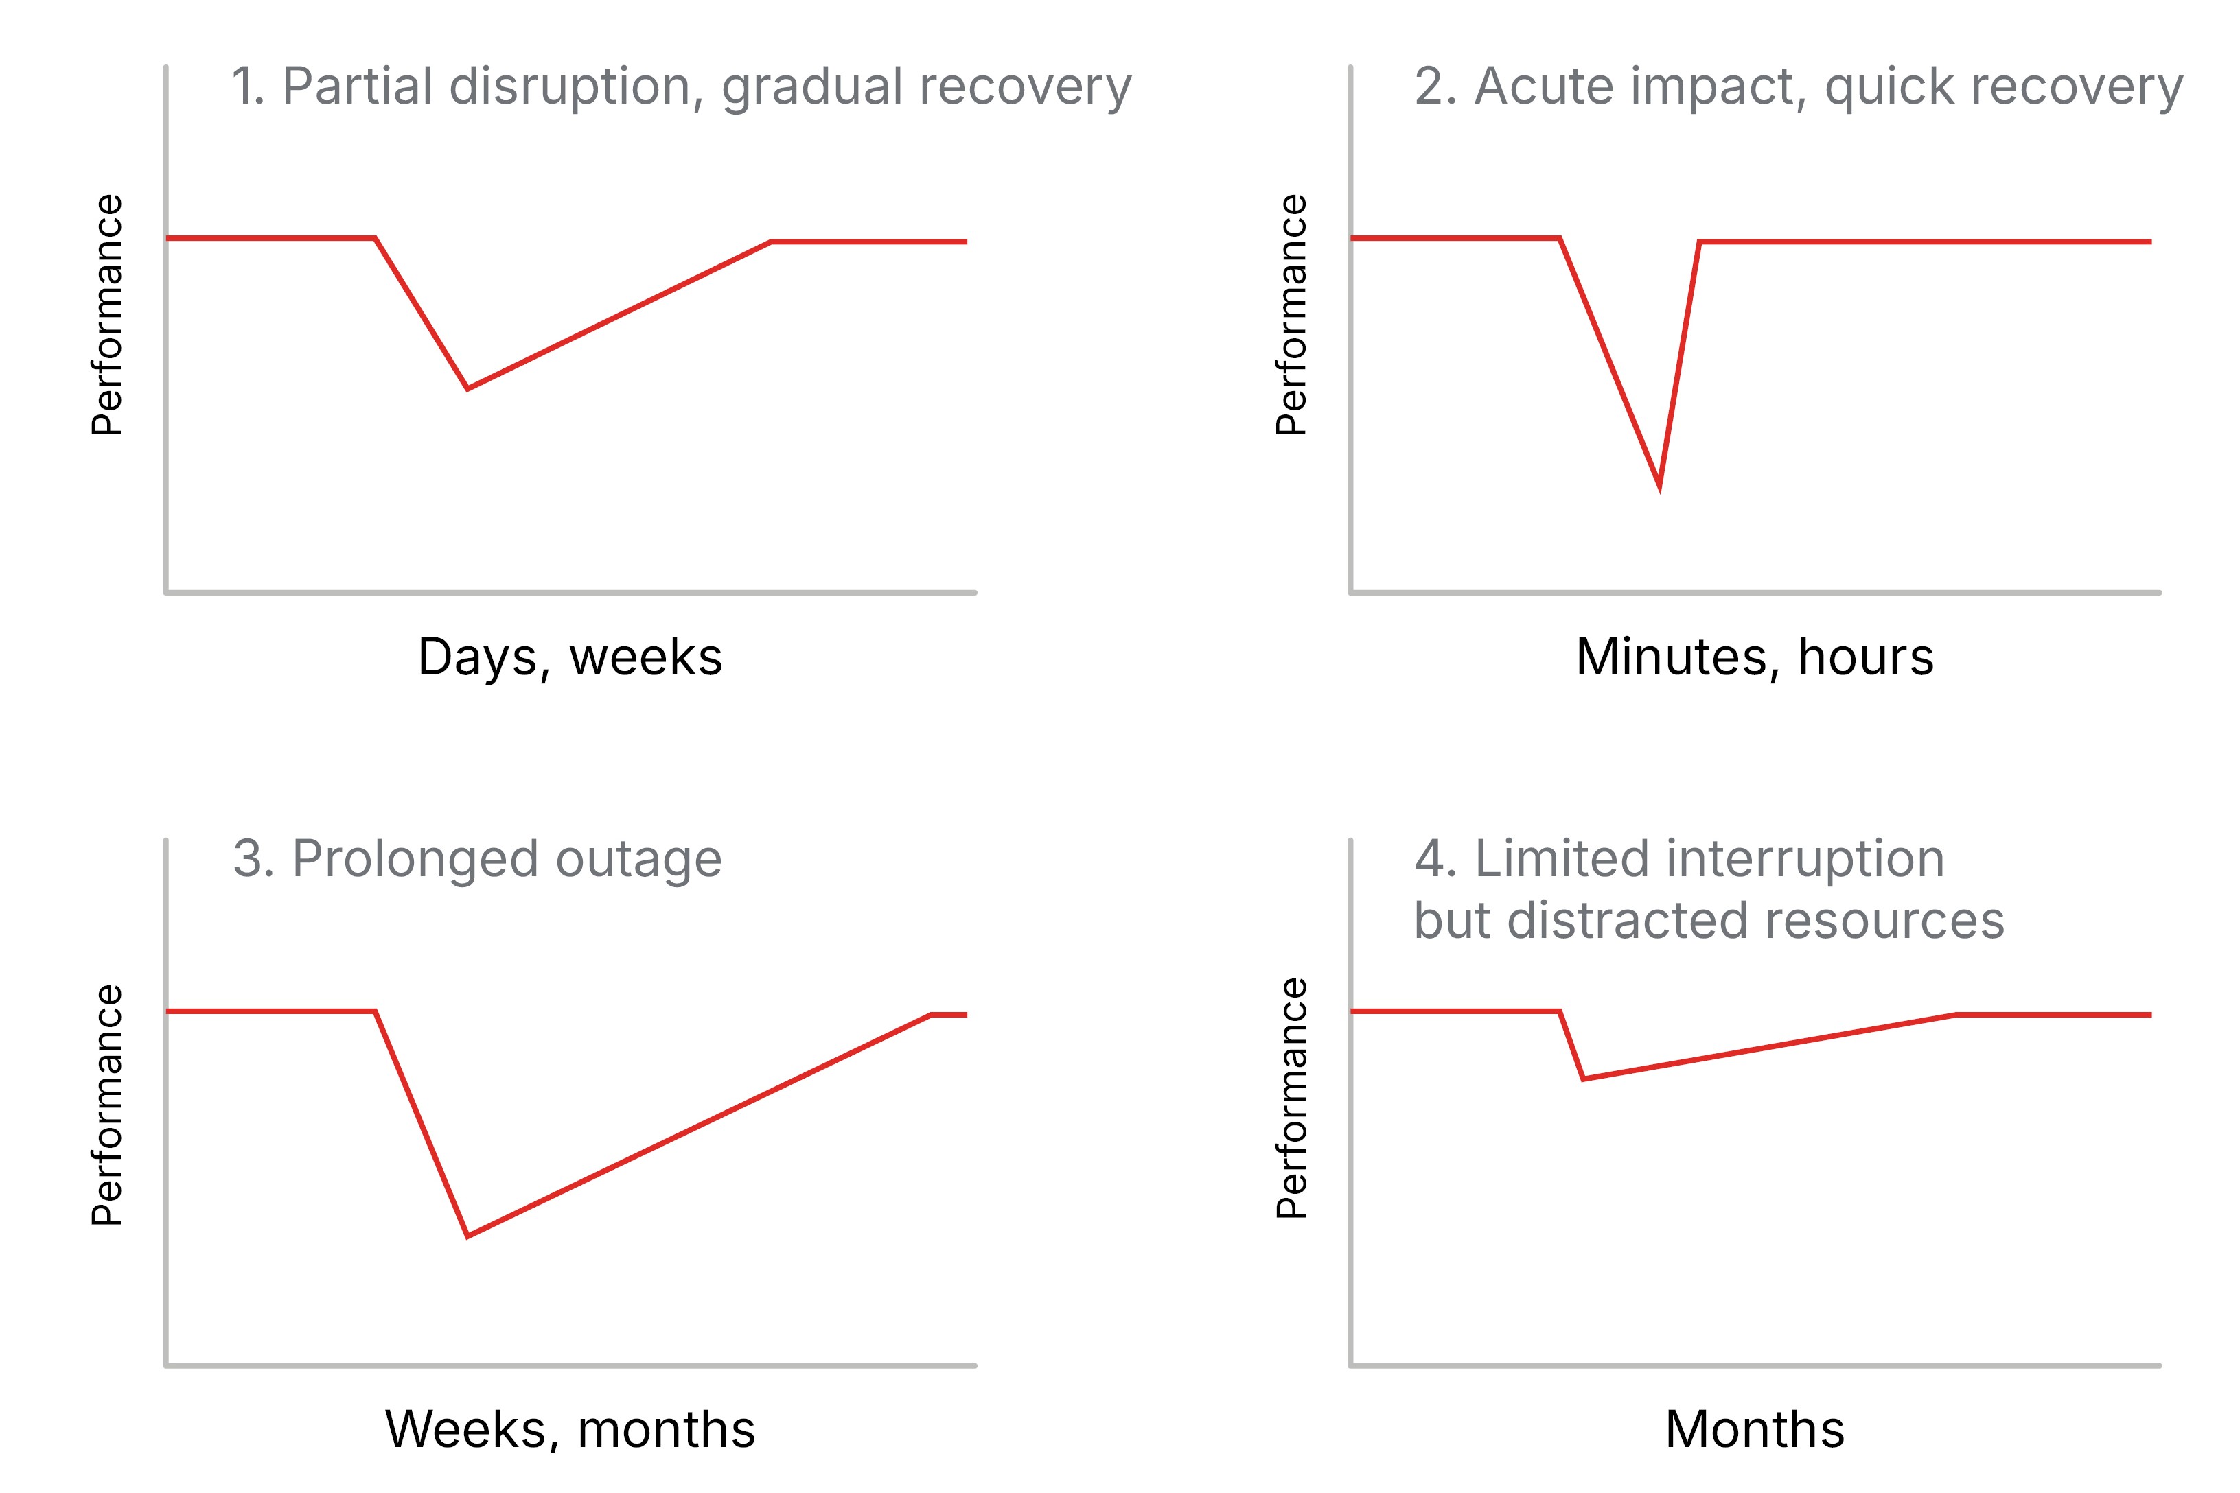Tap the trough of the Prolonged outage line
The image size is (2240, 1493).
tap(467, 1236)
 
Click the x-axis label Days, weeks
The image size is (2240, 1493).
tap(570, 657)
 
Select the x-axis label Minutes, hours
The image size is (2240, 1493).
tap(1754, 657)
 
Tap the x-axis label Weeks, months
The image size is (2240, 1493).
tap(570, 1429)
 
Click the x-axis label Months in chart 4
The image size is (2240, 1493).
tap(1754, 1429)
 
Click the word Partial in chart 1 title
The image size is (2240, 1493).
tap(358, 86)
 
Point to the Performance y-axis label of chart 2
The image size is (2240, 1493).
tap(1291, 315)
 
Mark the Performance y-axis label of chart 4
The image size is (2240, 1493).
tap(1291, 1098)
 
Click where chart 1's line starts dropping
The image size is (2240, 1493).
tap(376, 238)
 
